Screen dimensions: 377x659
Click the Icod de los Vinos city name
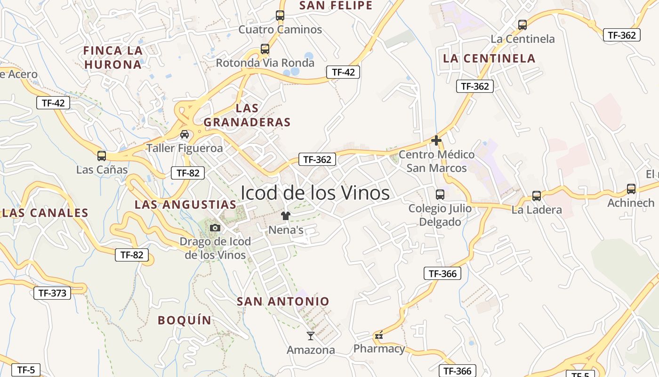pos(315,193)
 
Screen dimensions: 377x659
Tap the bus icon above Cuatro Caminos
pos(280,16)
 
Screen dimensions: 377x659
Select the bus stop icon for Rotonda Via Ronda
pos(265,49)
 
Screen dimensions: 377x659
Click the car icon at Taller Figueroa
pos(185,134)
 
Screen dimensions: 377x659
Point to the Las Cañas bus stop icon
pos(102,156)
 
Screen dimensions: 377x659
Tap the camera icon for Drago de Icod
pos(215,228)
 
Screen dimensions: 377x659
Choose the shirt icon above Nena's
pos(286,216)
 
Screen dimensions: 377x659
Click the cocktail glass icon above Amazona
pos(311,336)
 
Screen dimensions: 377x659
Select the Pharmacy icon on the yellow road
pos(379,336)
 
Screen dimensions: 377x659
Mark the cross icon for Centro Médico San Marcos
pos(436,140)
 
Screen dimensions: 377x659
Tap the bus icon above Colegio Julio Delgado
pos(440,194)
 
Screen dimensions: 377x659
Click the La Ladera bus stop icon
pos(537,196)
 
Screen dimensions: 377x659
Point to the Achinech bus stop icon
pos(631,189)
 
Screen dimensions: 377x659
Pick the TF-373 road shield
pos(52,293)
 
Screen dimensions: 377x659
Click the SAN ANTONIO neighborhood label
pos(283,301)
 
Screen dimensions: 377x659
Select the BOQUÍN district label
pos(185,320)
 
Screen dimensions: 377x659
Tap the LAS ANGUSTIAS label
pos(185,205)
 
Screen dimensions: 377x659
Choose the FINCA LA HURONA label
pos(113,57)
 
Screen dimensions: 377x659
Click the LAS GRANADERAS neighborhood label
pos(247,115)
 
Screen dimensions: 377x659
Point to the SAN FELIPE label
pos(336,6)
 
